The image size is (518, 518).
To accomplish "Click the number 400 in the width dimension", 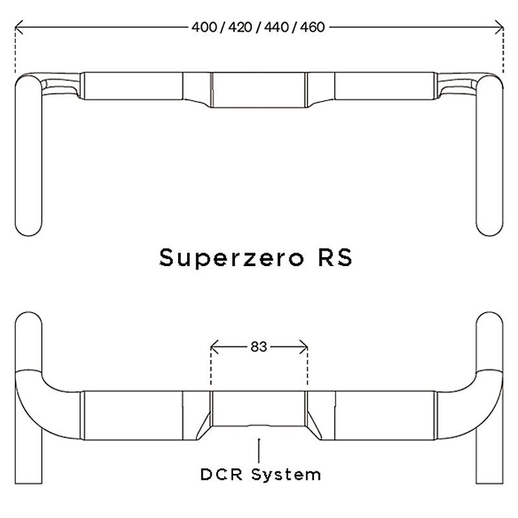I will (203, 27).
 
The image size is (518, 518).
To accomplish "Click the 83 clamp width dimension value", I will (258, 346).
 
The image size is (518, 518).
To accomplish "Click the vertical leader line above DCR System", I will (259, 450).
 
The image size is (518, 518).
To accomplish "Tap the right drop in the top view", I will (490, 155).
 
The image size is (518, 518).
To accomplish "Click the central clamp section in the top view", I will (259, 89).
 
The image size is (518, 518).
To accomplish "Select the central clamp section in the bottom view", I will (259, 408).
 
